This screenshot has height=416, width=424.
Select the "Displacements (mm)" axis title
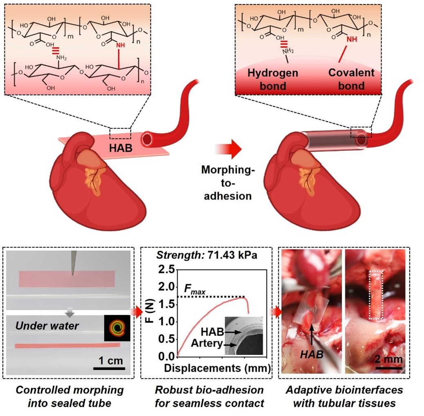tap(217, 369)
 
